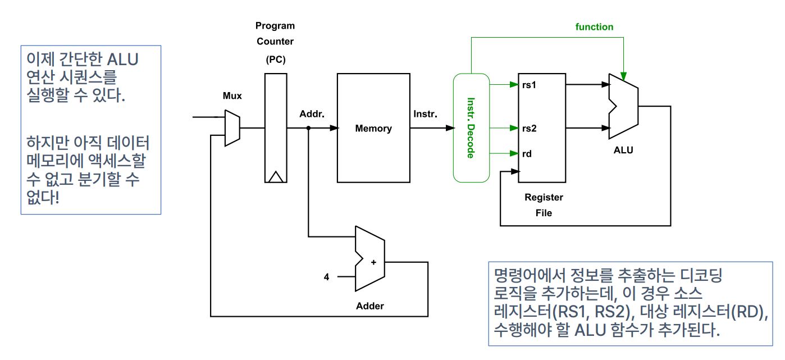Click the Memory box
373,128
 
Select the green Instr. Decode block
471,127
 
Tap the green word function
594,27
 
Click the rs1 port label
529,85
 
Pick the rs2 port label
529,129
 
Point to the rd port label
527,153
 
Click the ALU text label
623,151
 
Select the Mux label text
232,96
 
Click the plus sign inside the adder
373,262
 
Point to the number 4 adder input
326,277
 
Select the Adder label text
370,306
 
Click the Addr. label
312,114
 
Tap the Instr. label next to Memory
425,114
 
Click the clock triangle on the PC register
275,177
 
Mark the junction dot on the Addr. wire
308,128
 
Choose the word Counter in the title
275,42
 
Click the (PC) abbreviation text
275,58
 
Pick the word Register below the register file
544,198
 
